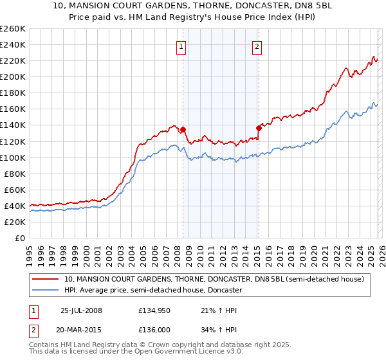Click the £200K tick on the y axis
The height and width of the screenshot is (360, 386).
pos(12,76)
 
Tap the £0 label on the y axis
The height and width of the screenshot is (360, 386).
pos(20,238)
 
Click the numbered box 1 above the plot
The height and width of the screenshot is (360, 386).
pos(181,46)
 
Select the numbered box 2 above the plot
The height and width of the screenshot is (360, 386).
pos(257,46)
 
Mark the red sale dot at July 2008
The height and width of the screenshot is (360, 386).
pos(183,129)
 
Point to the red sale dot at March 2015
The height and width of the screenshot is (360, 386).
pos(259,128)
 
